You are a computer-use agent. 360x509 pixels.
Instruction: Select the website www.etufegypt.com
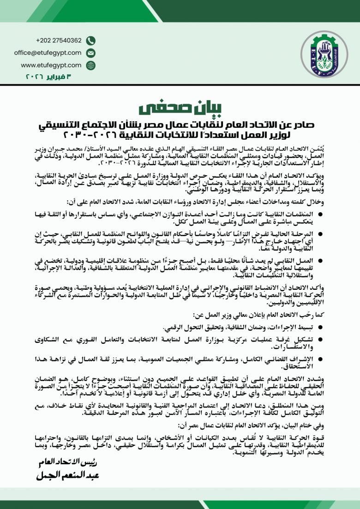[51, 65]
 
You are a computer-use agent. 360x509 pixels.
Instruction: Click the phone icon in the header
[91, 41]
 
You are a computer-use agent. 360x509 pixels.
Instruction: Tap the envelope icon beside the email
[91, 53]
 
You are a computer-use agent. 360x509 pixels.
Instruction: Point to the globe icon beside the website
[91, 66]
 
